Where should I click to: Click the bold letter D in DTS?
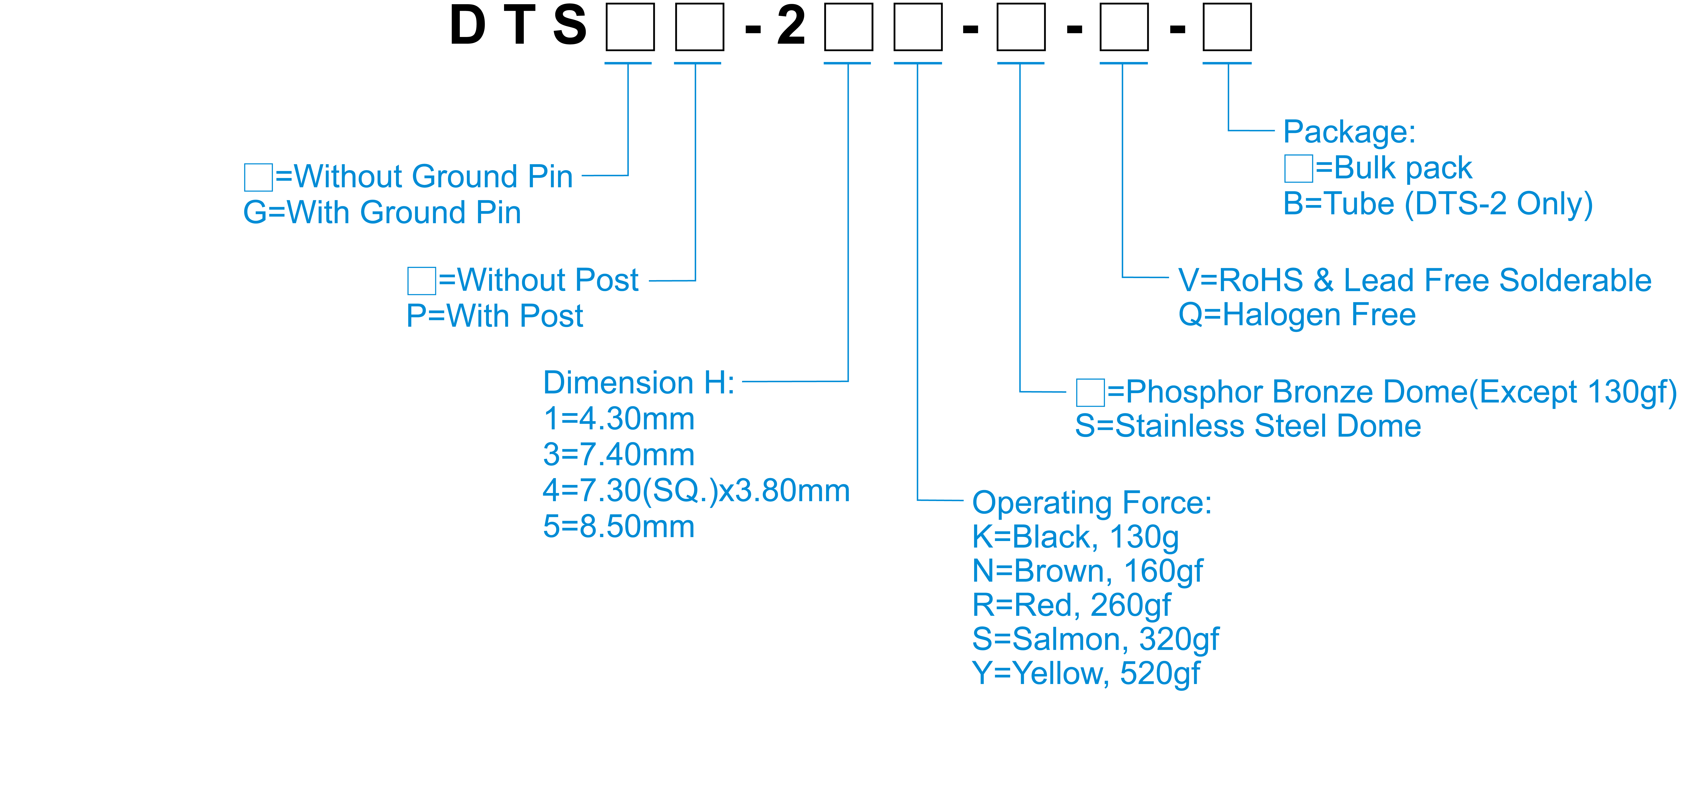tap(468, 26)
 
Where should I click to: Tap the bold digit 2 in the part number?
tap(791, 26)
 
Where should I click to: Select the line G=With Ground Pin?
tap(382, 213)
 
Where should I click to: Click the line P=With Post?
tap(494, 316)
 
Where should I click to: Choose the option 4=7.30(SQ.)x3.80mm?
tap(696, 490)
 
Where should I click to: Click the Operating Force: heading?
tap(1091, 502)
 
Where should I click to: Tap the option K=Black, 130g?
tap(1075, 537)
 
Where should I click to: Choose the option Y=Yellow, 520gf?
tap(1085, 674)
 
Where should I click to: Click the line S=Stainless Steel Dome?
tap(1248, 426)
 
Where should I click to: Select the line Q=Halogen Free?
tap(1297, 315)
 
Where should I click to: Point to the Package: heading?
tap(1349, 132)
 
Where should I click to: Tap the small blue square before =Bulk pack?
tap(1298, 168)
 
